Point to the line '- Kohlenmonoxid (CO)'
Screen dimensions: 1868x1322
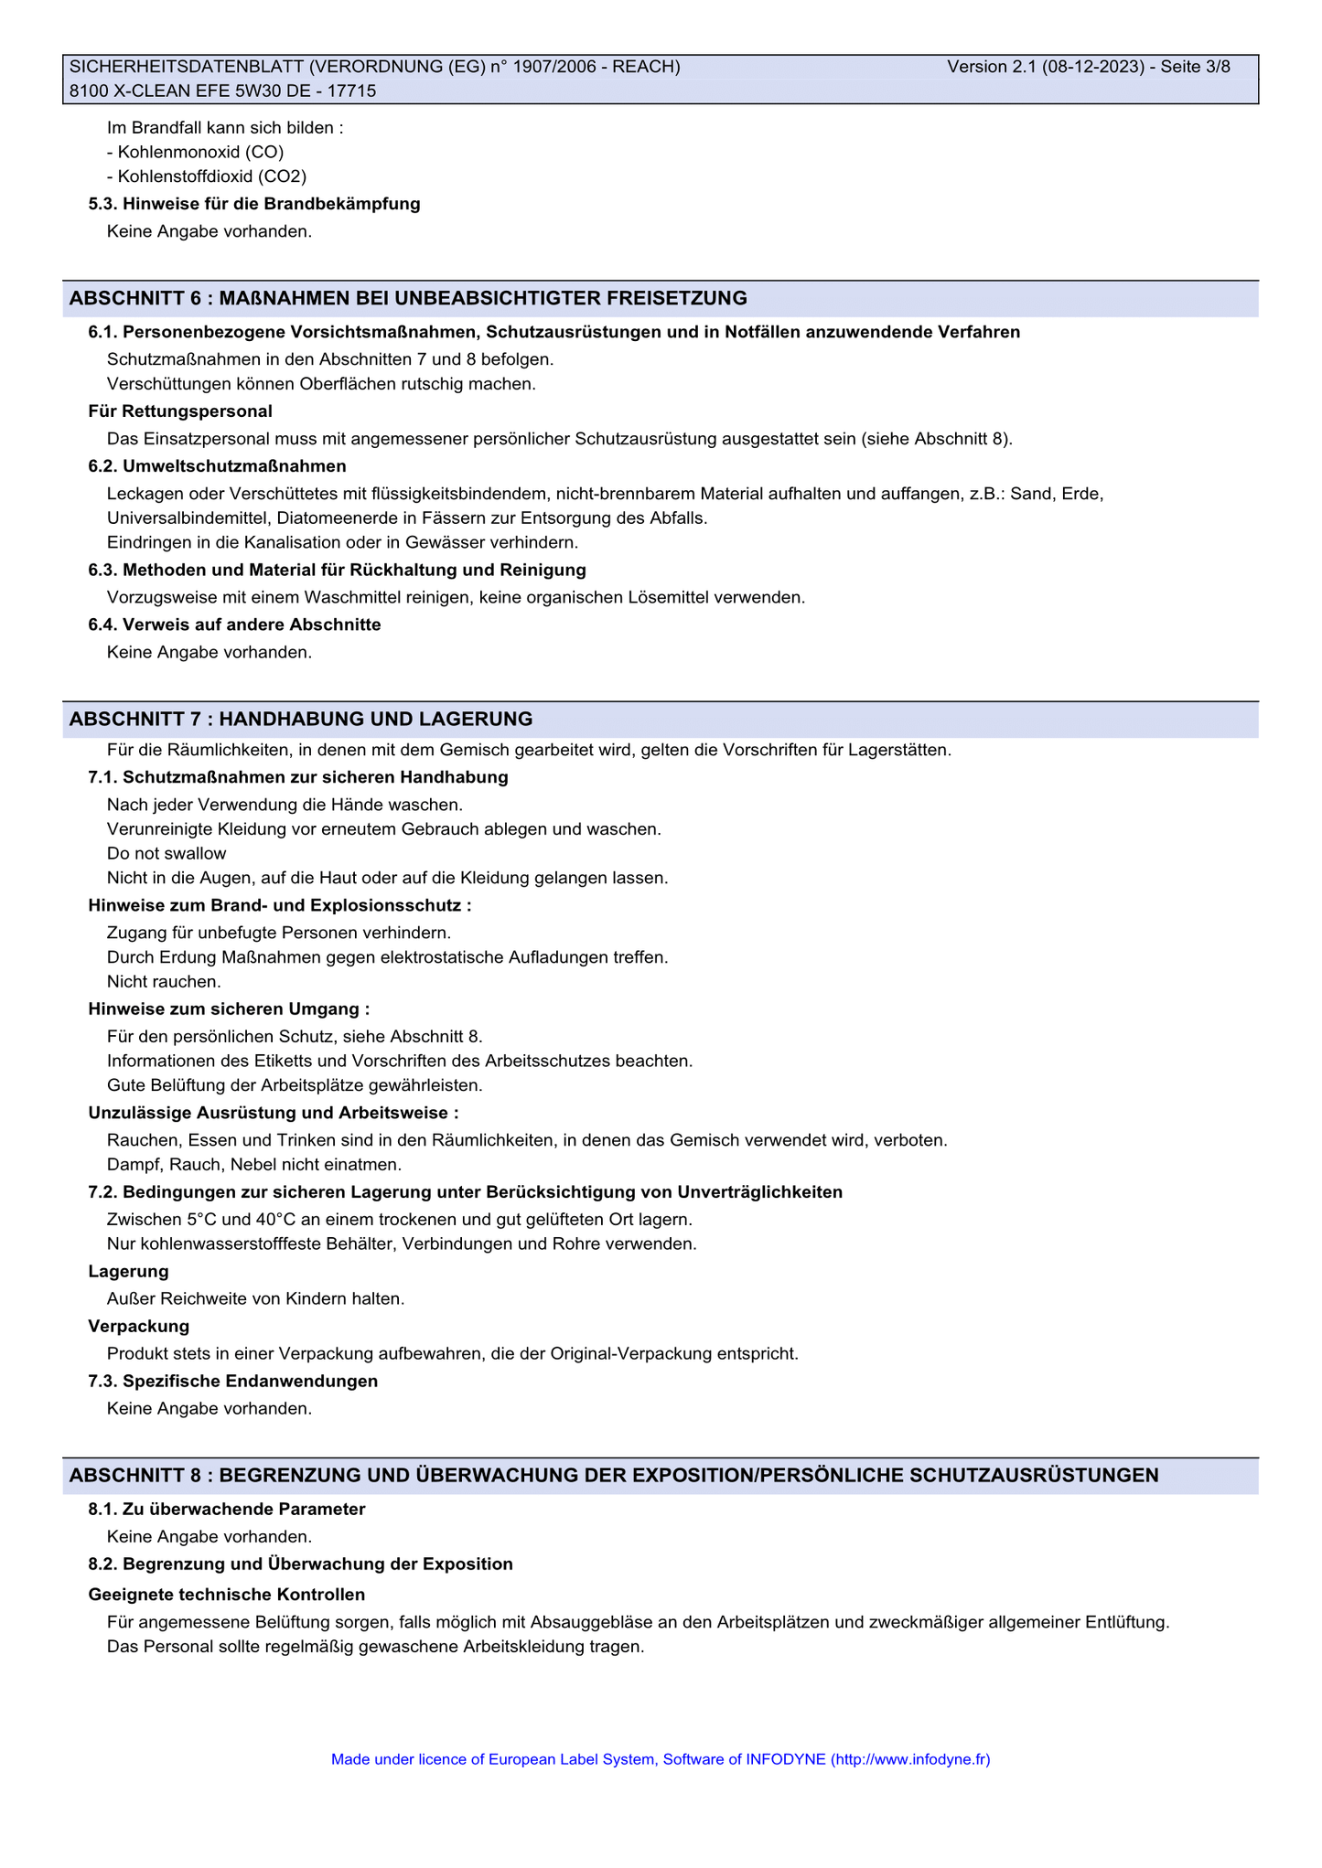click(x=195, y=152)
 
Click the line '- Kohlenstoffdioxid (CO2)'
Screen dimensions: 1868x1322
click(x=206, y=176)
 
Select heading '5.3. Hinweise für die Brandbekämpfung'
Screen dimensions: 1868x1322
click(x=254, y=204)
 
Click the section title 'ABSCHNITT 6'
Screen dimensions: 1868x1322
click(x=134, y=298)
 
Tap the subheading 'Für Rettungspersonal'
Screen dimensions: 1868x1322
click(x=180, y=411)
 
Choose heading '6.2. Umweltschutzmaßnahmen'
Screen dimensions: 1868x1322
click(x=217, y=466)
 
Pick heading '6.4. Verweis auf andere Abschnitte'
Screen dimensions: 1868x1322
click(x=234, y=624)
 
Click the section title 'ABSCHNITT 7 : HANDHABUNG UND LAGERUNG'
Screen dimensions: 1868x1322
click(x=301, y=719)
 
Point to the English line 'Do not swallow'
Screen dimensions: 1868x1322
click(x=167, y=853)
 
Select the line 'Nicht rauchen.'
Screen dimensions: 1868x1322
click(x=164, y=981)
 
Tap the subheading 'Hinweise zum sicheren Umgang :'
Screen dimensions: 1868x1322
click(x=229, y=1009)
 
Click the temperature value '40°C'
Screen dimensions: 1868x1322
click(x=275, y=1220)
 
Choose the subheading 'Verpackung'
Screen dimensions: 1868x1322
click(x=139, y=1326)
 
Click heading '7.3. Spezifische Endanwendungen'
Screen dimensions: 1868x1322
click(x=233, y=1381)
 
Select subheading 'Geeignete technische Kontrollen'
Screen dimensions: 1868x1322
click(x=227, y=1595)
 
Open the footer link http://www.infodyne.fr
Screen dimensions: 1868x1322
click(x=911, y=1758)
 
